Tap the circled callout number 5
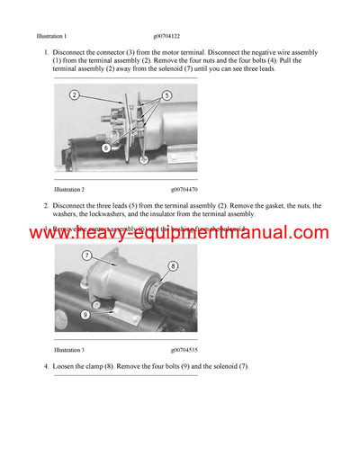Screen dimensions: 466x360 (x=166, y=94)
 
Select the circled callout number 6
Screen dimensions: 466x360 (x=105, y=147)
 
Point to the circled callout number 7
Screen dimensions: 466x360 (x=87, y=255)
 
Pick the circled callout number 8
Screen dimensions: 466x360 (x=172, y=265)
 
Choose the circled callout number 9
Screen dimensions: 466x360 (x=85, y=315)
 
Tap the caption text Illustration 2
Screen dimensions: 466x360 (x=69, y=190)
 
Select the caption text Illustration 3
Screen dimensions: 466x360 (x=69, y=349)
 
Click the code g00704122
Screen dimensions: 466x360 (x=188, y=36)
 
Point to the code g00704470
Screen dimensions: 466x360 (x=188, y=190)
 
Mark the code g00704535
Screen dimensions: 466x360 (x=188, y=349)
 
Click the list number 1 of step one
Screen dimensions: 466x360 (x=45, y=53)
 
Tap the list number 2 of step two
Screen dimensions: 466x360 (x=45, y=206)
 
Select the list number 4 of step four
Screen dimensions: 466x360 (x=45, y=366)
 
